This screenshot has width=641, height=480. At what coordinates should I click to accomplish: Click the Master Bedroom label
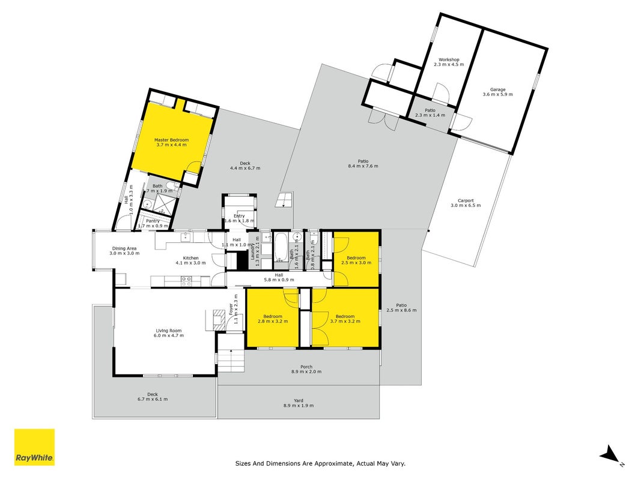171,140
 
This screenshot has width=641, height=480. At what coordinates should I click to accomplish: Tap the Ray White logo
34,447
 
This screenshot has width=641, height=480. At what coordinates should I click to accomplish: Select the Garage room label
497,89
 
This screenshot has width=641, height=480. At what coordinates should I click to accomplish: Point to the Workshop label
449,59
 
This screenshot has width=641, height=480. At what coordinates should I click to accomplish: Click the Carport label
466,200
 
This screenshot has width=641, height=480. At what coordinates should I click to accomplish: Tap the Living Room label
168,331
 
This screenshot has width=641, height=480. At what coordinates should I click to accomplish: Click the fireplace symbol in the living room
219,319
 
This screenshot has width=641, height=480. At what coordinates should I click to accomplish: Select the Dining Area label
124,248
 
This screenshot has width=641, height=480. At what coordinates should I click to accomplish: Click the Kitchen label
190,258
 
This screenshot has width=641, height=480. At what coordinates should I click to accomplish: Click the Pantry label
153,221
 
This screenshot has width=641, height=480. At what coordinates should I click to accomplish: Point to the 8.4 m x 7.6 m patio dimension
363,166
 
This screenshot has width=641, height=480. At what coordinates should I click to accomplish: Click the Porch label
306,367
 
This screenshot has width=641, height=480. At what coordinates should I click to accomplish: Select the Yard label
299,401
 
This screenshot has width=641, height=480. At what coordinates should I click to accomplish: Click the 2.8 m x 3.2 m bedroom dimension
273,321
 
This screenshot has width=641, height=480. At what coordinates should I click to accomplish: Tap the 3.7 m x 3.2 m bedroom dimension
345,321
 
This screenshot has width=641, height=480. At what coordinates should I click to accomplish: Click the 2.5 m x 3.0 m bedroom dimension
356,262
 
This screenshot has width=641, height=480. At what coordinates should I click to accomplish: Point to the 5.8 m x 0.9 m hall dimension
279,280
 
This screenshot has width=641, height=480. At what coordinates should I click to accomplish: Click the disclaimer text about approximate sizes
320,463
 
